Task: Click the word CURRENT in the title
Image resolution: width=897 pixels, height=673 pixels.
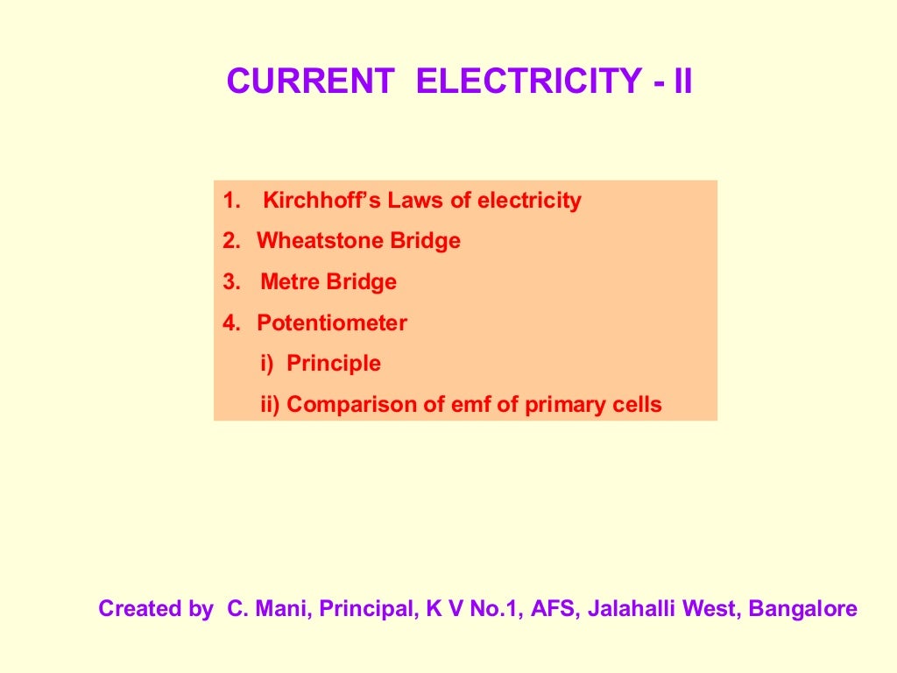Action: point(310,81)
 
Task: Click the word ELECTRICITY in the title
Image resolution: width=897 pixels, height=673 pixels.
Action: point(529,81)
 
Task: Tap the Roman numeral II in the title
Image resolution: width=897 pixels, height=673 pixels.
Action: point(682,81)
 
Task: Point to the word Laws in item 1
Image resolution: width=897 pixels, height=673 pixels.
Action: point(416,201)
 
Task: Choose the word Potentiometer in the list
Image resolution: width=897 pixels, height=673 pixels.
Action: point(332,323)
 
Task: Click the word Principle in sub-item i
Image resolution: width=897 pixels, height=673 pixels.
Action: point(334,364)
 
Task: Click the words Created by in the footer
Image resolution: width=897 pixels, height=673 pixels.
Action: point(155,608)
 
